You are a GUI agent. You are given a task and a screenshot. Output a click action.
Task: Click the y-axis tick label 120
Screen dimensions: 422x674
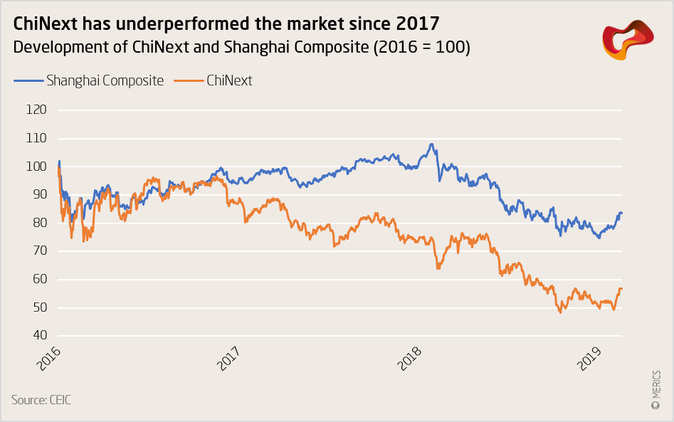(36, 110)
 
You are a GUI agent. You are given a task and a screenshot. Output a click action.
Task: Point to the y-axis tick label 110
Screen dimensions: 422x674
(36, 138)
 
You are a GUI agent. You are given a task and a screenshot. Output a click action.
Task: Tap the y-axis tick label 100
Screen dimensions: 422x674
(36, 166)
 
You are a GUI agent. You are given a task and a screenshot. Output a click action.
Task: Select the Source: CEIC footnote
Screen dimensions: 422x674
(41, 400)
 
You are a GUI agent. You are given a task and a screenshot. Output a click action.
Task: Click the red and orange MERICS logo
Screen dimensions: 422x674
(628, 40)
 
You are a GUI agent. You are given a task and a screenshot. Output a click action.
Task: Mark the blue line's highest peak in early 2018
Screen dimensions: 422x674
(431, 144)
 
